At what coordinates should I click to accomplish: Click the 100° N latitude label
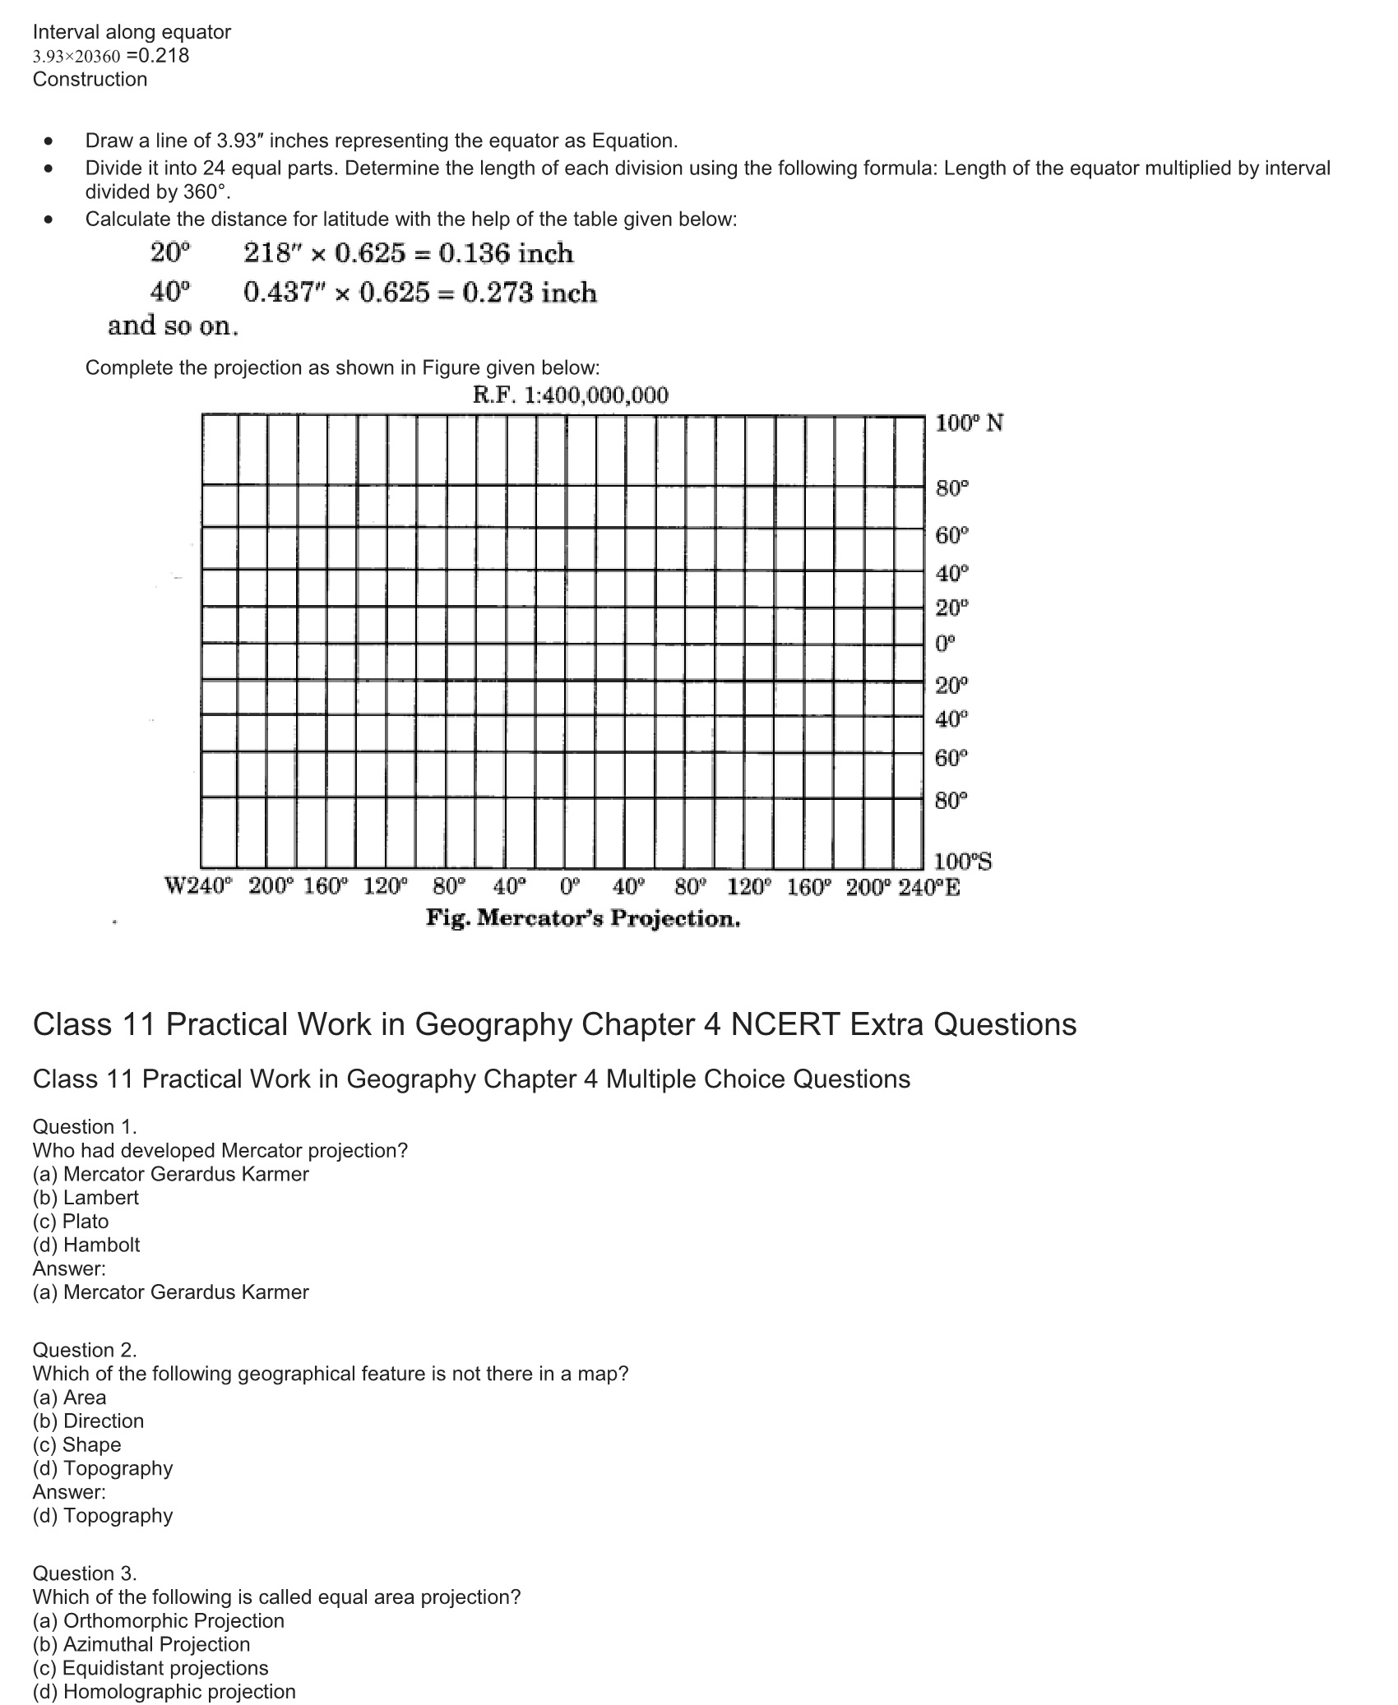click(969, 423)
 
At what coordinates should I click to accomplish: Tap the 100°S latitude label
click(963, 862)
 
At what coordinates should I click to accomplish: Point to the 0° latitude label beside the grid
click(946, 644)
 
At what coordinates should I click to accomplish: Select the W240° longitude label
click(199, 887)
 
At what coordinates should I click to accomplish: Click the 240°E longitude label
click(928, 887)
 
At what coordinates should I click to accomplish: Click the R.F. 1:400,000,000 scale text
click(570, 395)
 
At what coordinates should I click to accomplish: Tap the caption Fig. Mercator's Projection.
click(582, 918)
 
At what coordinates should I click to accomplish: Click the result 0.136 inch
click(506, 253)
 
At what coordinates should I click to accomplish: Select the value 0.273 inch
click(530, 293)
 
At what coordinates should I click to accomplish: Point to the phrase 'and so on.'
click(173, 326)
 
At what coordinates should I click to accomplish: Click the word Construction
click(90, 79)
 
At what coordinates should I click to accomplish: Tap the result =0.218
click(158, 55)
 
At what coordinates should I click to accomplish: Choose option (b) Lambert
click(86, 1197)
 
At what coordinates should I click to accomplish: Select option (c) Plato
click(71, 1221)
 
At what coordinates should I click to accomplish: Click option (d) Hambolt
click(86, 1245)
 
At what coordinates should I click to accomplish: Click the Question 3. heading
click(85, 1573)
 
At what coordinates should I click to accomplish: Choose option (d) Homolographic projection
click(164, 1691)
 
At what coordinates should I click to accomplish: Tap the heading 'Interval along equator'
click(132, 32)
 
